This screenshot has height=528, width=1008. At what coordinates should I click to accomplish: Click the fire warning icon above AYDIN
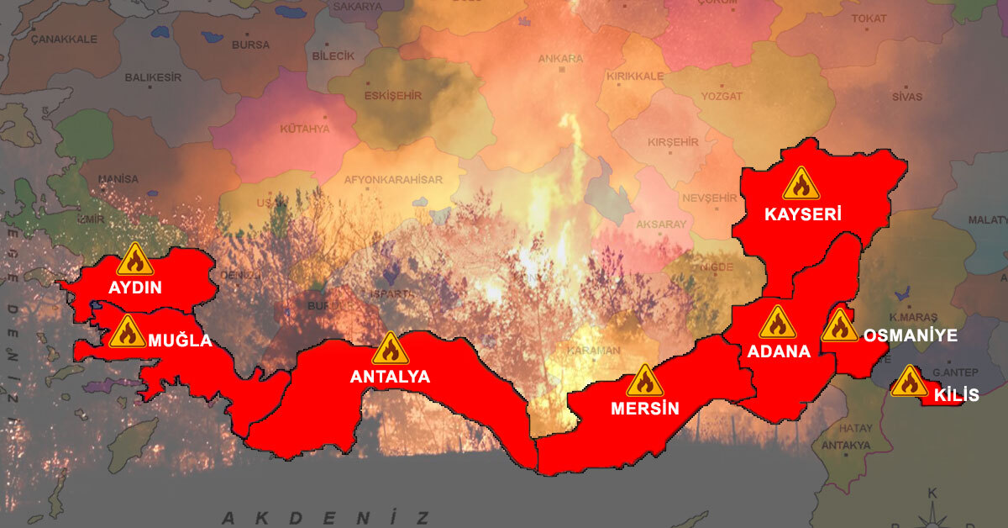(134, 260)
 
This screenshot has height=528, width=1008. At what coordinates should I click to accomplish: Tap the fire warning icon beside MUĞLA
(127, 332)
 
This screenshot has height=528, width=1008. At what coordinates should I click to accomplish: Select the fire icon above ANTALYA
(390, 349)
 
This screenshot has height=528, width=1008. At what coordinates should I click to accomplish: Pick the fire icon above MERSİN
(644, 382)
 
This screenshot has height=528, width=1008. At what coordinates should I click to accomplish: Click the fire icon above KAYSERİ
(801, 184)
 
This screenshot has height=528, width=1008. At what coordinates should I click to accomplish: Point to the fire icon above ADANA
(777, 323)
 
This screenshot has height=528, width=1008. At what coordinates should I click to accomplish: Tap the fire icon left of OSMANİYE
(839, 326)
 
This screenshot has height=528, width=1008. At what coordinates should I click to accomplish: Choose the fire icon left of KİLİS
(909, 382)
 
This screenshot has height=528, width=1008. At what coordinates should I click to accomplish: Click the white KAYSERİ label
(802, 214)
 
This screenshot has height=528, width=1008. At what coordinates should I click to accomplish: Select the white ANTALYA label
(390, 378)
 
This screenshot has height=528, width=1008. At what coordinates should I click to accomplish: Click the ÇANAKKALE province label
(64, 39)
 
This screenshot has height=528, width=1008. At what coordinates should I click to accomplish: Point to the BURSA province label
(251, 44)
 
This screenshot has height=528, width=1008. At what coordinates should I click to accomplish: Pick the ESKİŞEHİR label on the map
(392, 96)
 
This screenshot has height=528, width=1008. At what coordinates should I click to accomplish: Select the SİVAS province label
(906, 97)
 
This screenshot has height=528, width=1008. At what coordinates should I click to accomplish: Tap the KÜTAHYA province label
(305, 129)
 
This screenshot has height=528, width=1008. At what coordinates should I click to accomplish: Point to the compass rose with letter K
(932, 509)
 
